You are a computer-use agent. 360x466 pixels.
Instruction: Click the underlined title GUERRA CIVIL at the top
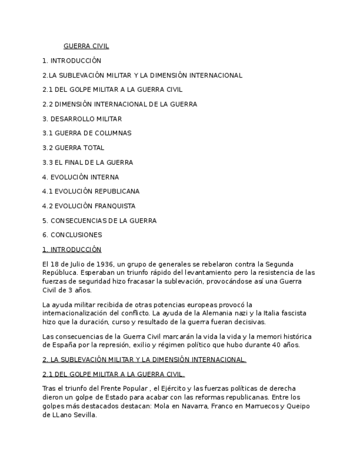click(x=86, y=46)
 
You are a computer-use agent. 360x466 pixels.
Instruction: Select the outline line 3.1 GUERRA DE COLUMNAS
click(x=87, y=133)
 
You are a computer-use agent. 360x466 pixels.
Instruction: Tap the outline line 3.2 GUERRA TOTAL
click(x=73, y=148)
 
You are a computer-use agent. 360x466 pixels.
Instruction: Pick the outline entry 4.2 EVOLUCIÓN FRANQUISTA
click(x=88, y=206)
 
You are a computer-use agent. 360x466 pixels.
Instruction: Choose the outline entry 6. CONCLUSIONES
click(x=72, y=235)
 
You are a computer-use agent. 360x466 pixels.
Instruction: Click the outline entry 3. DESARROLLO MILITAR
click(x=82, y=119)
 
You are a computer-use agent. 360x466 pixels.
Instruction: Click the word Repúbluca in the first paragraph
click(x=59, y=273)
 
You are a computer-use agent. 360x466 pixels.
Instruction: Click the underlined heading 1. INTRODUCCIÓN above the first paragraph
click(x=71, y=249)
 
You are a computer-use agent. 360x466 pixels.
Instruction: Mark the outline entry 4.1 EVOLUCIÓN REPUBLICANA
click(x=91, y=191)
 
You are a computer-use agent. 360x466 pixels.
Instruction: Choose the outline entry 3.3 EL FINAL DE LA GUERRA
click(x=87, y=163)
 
